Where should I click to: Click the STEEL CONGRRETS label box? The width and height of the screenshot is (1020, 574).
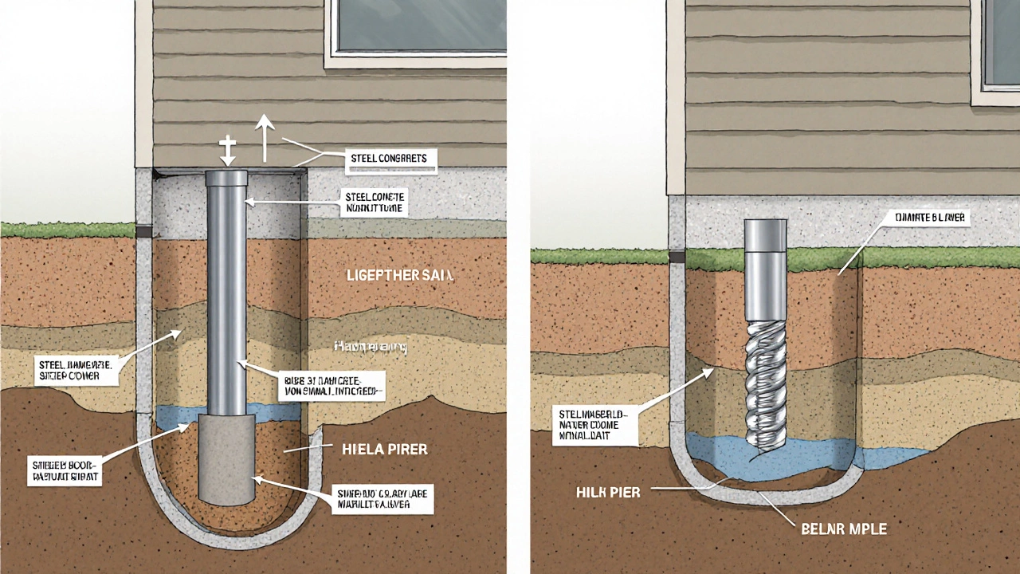point(389,159)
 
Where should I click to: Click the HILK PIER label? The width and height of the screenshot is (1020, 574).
point(608,492)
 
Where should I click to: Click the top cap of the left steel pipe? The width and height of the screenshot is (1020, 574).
point(228,179)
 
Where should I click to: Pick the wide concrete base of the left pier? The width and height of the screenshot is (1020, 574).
point(226,458)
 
